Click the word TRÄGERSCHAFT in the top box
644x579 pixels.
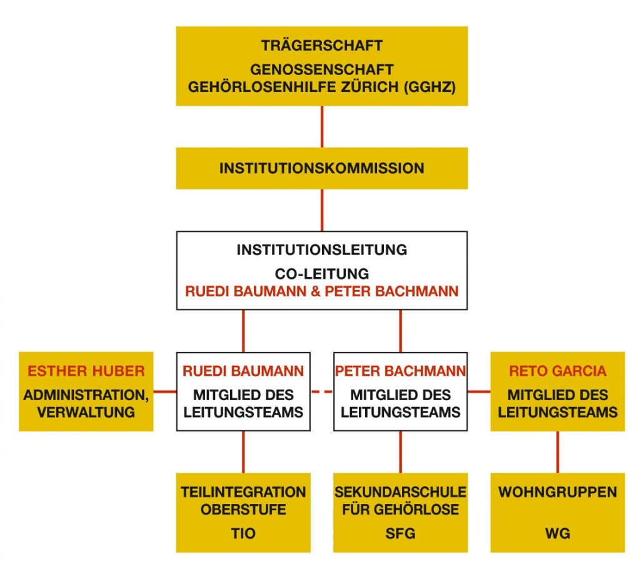tap(322, 46)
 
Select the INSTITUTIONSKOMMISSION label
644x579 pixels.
tap(322, 168)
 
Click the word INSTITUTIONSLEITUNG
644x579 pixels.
tap(322, 250)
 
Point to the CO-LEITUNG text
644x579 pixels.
tap(322, 274)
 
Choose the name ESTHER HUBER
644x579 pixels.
tap(86, 371)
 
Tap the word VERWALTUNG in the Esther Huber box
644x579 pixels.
tap(86, 412)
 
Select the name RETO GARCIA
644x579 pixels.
tap(558, 371)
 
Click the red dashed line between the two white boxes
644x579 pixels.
tap(322, 392)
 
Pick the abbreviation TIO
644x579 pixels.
tap(243, 533)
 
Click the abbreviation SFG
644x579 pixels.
tap(401, 533)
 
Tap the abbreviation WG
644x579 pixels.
tap(558, 533)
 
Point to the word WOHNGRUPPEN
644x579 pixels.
tap(558, 492)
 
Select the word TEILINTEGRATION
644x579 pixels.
tap(243, 492)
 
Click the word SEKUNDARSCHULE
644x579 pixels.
tap(401, 492)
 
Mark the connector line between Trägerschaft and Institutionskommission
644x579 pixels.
tap(322, 126)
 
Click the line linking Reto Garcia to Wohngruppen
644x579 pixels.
tap(558, 451)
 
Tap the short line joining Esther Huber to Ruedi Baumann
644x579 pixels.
tap(165, 392)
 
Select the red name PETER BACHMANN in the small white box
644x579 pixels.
tap(401, 371)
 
